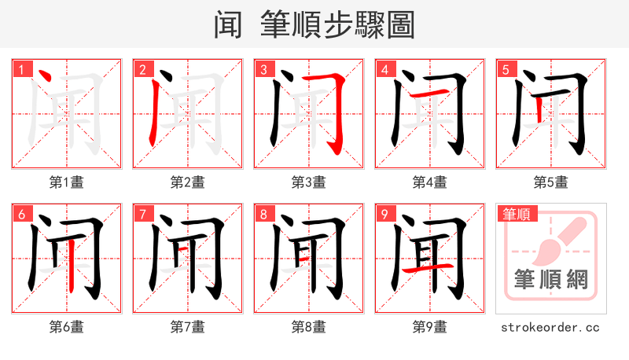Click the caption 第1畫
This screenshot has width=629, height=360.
pos(66,182)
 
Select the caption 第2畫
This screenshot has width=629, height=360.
pos(187,182)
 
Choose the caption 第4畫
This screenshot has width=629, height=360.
pos(429,182)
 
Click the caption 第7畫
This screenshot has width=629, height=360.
pos(187,326)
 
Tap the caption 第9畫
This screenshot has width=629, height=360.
pos(429,326)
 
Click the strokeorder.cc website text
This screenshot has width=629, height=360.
pos(550,326)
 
